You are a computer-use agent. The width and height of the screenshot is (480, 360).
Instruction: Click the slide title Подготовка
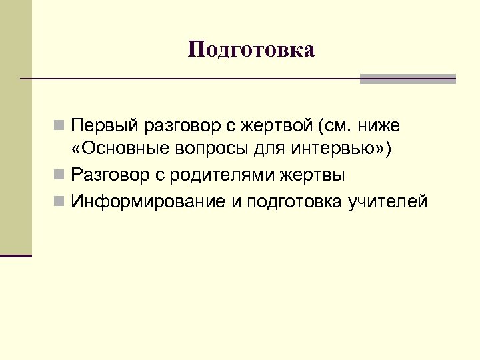pyautogui.click(x=251, y=50)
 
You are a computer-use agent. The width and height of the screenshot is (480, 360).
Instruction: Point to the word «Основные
pyautogui.click(x=113, y=150)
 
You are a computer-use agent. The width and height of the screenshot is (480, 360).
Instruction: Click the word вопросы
pyautogui.click(x=201, y=150)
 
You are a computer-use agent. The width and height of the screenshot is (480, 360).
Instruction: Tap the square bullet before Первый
pyautogui.click(x=60, y=125)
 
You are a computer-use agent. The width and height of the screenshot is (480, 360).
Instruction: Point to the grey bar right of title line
pyautogui.click(x=407, y=79)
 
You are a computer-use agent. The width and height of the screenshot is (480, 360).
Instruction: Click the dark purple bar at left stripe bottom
pyautogui.click(x=16, y=255)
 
